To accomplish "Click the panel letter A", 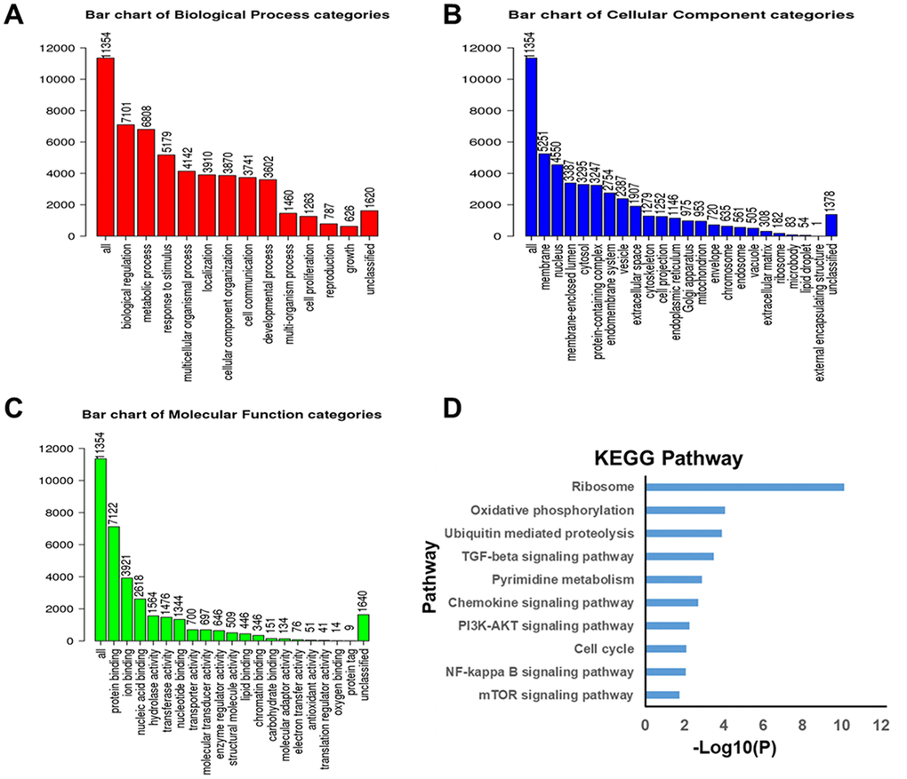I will tap(15, 16).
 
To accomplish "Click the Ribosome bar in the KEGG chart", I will tap(743, 487).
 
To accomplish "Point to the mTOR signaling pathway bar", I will tap(662, 695).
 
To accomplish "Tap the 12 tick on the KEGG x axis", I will tap(881, 726).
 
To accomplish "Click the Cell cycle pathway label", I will tap(604, 649).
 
